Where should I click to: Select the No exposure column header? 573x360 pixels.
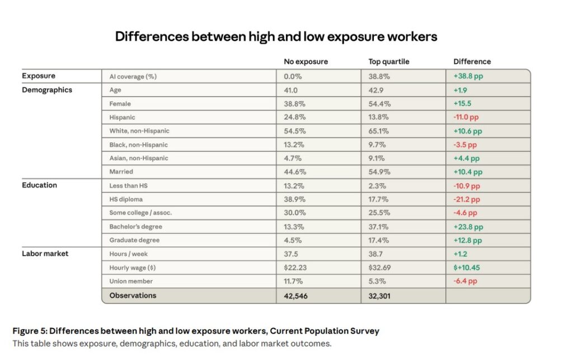point(306,62)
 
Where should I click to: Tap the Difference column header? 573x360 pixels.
point(472,62)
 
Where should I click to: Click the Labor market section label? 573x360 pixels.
point(45,254)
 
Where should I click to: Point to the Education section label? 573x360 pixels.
point(39,185)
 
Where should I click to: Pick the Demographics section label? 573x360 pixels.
point(47,90)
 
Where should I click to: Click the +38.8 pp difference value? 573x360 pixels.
point(468,76)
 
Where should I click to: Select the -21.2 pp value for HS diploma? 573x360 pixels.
point(466,199)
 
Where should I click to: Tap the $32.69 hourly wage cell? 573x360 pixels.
point(380,268)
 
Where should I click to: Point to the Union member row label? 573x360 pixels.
point(131,281)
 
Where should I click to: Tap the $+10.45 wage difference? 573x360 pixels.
point(467,268)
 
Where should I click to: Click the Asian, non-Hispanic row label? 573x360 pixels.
point(139,158)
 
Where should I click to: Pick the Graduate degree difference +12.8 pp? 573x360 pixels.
point(468,240)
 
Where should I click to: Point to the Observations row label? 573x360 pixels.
point(133,295)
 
